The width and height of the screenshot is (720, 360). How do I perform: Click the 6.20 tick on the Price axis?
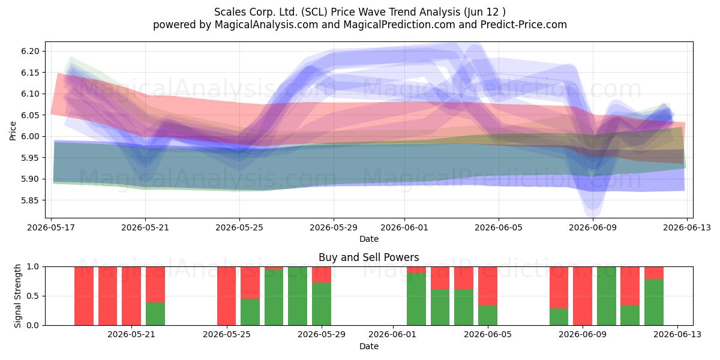(30, 52)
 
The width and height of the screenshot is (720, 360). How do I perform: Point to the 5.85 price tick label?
(30, 200)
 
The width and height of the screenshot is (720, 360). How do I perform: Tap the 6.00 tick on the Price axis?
(30, 137)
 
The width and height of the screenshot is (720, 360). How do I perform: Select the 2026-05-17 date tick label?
(51, 228)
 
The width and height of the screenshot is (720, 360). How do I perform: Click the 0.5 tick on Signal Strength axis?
(33, 296)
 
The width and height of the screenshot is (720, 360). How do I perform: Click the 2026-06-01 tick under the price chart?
(404, 228)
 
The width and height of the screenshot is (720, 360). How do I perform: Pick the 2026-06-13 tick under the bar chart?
(677, 335)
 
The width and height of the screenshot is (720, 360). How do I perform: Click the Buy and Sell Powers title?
(368, 257)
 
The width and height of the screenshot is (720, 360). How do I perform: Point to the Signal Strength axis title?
(17, 296)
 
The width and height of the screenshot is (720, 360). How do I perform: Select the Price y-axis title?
(13, 131)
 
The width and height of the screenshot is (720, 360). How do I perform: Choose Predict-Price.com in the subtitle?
(524, 25)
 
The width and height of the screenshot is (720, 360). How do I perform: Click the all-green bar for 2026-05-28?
(298, 296)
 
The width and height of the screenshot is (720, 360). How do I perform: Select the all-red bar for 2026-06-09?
(583, 296)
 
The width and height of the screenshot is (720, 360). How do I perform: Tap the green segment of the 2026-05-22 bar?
(155, 314)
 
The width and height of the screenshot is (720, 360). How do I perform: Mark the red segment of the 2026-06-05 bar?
(488, 286)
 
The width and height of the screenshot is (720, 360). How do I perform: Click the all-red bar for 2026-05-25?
(226, 296)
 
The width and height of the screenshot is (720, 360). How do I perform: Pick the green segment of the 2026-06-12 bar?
(654, 302)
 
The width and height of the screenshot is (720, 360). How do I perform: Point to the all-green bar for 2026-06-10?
(607, 296)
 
